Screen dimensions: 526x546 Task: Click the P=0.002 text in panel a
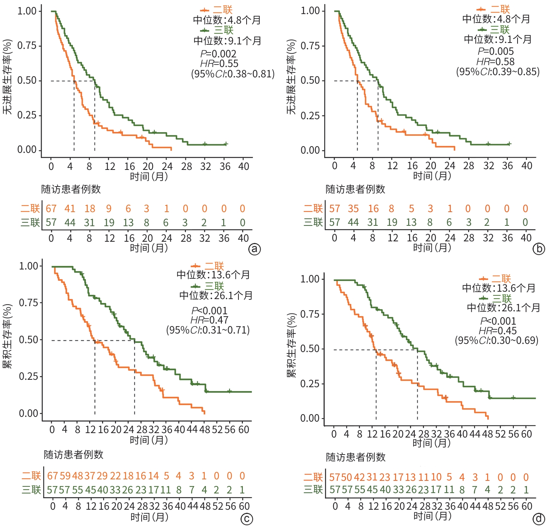pyautogui.click(x=218, y=54)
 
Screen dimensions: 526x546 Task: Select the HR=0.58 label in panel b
pyautogui.click(x=495, y=61)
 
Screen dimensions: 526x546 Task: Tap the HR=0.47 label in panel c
pyautogui.click(x=209, y=320)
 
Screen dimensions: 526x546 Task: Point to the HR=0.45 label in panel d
pyautogui.click(x=498, y=331)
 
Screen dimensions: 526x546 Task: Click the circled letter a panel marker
pyautogui.click(x=254, y=249)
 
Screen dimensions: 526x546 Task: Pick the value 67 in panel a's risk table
pyautogui.click(x=51, y=209)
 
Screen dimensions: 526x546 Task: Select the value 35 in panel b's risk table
pyautogui.click(x=353, y=209)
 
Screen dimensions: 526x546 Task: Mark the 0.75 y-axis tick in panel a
pyautogui.click(x=27, y=46)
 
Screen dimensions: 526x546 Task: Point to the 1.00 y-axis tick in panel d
pyautogui.click(x=310, y=279)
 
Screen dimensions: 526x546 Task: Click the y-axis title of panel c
pyautogui.click(x=7, y=336)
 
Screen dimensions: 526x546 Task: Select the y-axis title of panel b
pyautogui.click(x=291, y=77)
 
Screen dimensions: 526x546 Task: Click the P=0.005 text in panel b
pyautogui.click(x=495, y=51)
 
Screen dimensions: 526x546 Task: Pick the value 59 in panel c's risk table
pyautogui.click(x=65, y=476)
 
